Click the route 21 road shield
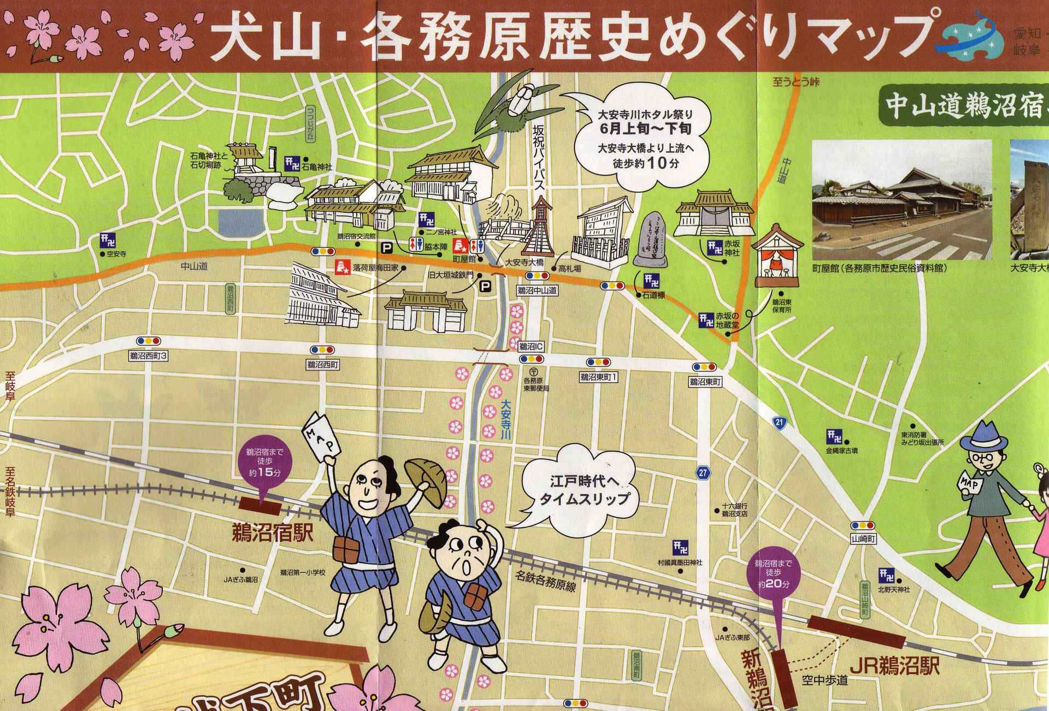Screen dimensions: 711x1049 pyautogui.click(x=779, y=422)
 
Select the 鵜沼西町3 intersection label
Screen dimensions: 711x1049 pyautogui.click(x=148, y=356)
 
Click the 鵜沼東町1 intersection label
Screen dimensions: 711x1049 pyautogui.click(x=598, y=377)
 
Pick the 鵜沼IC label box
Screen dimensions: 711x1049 pyautogui.click(x=531, y=346)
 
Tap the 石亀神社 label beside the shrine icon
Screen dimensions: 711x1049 pyautogui.click(x=317, y=167)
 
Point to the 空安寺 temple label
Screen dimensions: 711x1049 pyautogui.click(x=116, y=254)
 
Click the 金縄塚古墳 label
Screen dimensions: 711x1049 pyautogui.click(x=842, y=451)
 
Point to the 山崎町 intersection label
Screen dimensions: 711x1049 pyautogui.click(x=864, y=539)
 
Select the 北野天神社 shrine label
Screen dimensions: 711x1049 pyautogui.click(x=894, y=590)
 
